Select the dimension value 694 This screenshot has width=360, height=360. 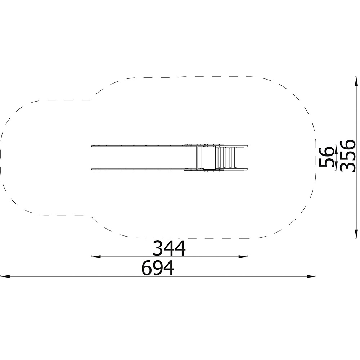pyautogui.click(x=158, y=268)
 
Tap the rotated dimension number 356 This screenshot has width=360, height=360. pyautogui.click(x=347, y=156)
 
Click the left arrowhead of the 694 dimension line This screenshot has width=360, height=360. pyautogui.click(x=5, y=276)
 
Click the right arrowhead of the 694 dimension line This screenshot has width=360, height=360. pyautogui.click(x=311, y=276)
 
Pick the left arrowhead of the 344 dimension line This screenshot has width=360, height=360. pyautogui.click(x=96, y=256)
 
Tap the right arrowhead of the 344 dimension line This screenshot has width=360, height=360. pyautogui.click(x=243, y=256)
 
